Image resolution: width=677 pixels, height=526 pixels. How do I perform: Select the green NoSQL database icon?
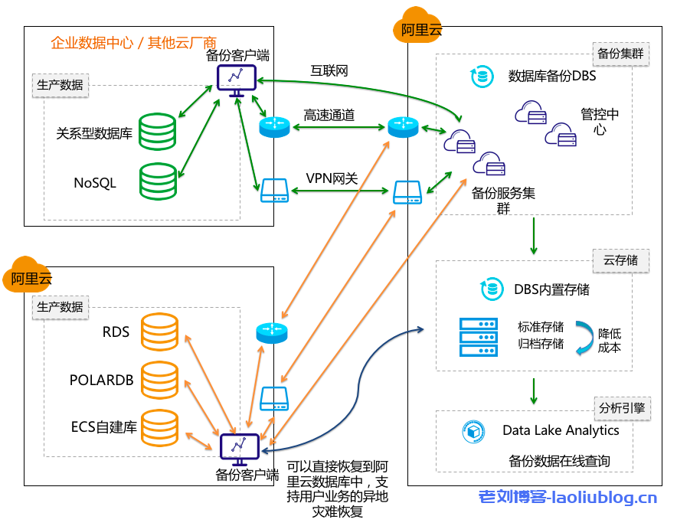[x=159, y=181]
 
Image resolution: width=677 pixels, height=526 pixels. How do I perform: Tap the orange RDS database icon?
[x=159, y=332]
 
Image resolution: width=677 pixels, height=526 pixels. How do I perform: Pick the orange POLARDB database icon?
[x=159, y=380]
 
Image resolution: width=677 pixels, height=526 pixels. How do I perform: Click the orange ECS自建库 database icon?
[x=159, y=427]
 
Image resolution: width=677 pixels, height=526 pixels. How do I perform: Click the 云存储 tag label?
[x=620, y=260]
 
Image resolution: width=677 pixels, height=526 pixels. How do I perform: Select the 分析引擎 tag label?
[x=620, y=407]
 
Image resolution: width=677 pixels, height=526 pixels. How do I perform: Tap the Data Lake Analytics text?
[x=561, y=430]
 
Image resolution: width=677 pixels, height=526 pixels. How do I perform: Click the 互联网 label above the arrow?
[x=329, y=71]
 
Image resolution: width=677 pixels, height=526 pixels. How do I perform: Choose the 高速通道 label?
[x=329, y=115]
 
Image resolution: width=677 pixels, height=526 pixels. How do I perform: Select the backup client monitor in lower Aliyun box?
[x=240, y=449]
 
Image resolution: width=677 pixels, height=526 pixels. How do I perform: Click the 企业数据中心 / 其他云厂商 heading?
[x=133, y=42]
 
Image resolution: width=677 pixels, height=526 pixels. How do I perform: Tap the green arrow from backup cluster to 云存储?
[x=534, y=237]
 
